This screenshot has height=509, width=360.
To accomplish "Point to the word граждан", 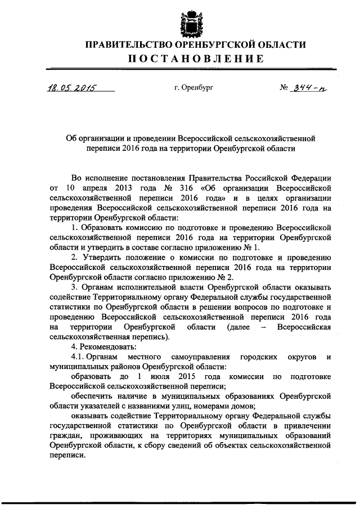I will [65, 436].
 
